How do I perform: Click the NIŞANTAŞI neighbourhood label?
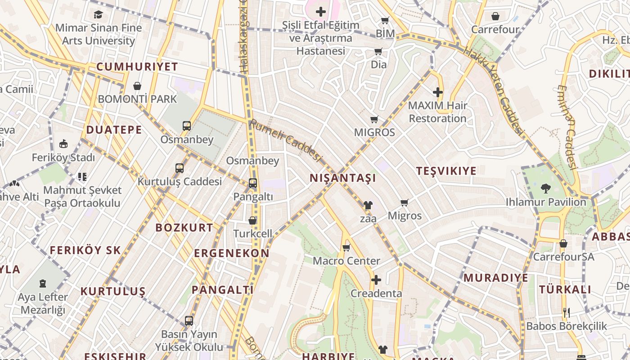[x=343, y=178]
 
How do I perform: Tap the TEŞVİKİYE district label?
[x=446, y=171]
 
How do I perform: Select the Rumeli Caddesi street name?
[x=286, y=140]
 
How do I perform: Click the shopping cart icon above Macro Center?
[x=346, y=247]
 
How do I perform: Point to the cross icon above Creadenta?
[x=376, y=280]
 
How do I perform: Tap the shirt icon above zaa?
[x=368, y=205]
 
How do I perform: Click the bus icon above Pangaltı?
[x=253, y=183]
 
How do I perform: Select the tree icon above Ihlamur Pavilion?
[x=546, y=188]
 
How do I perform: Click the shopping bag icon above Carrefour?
[x=495, y=16]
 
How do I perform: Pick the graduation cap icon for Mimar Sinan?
[x=99, y=14]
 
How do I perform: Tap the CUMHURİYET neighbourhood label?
[x=137, y=67]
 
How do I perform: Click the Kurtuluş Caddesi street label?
[x=180, y=182]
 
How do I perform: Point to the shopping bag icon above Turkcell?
[x=252, y=220]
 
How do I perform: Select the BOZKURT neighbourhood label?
[x=184, y=228]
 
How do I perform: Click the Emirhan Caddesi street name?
[x=567, y=127]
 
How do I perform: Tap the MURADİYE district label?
[x=496, y=278]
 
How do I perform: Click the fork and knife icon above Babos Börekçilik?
[x=566, y=312]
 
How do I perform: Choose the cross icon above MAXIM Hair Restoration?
[x=437, y=92]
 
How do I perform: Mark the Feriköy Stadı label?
[x=63, y=158]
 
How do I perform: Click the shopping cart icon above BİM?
[x=385, y=20]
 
